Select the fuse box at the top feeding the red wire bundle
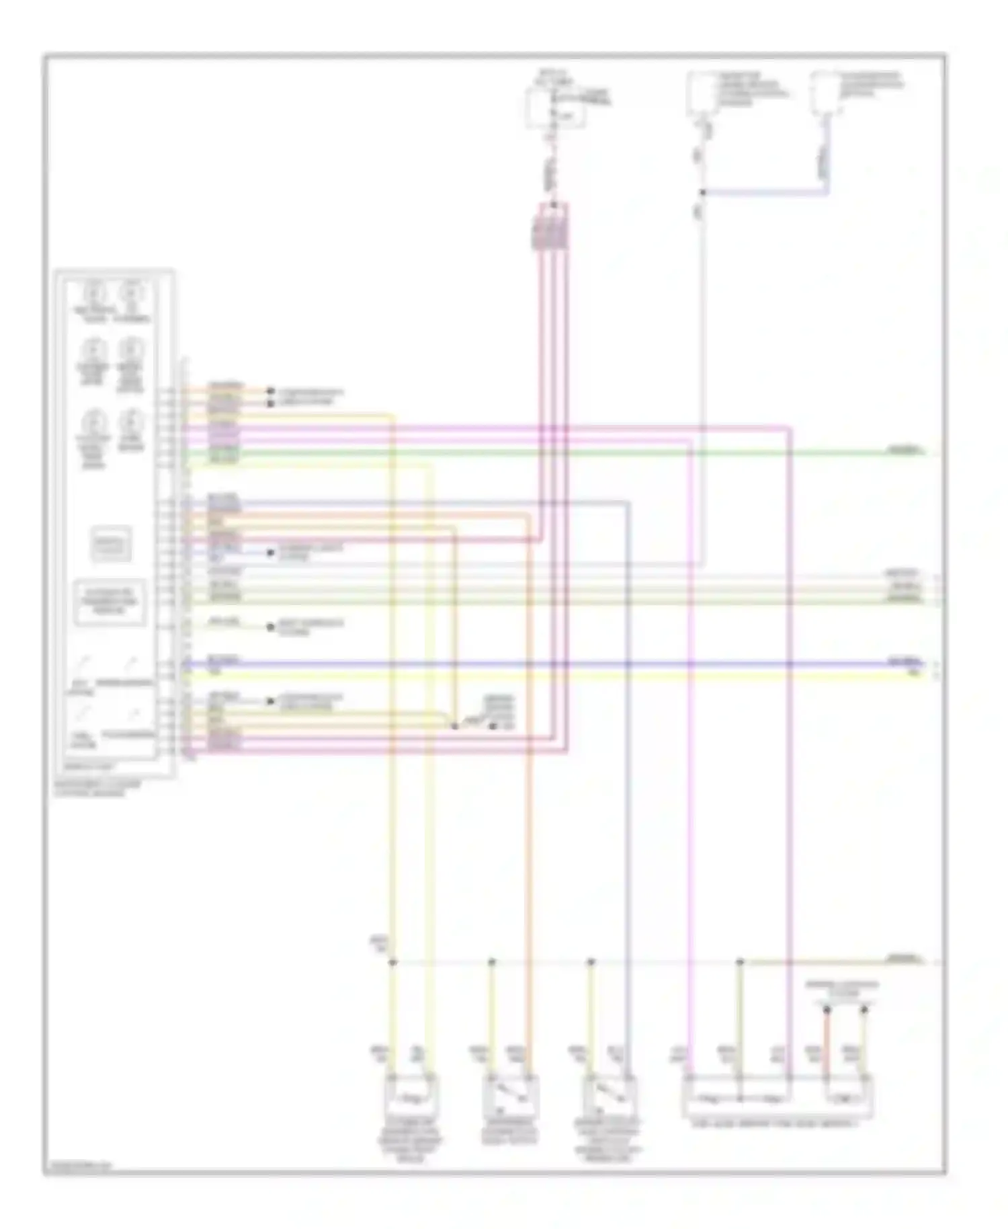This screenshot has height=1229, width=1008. click(554, 108)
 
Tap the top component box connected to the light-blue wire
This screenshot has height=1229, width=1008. click(823, 94)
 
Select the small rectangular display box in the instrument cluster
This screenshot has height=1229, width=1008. click(111, 544)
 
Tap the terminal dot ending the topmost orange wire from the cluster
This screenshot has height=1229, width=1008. click(271, 391)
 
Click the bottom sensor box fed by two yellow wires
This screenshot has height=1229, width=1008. click(411, 1095)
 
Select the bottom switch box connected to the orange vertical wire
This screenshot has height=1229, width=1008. click(510, 1095)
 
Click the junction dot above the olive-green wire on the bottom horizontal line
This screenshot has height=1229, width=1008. click(739, 963)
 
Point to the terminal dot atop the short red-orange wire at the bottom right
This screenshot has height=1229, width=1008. click(827, 1010)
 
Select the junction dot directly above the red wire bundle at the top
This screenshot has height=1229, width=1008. click(553, 204)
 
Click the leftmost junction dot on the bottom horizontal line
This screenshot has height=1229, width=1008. click(392, 963)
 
